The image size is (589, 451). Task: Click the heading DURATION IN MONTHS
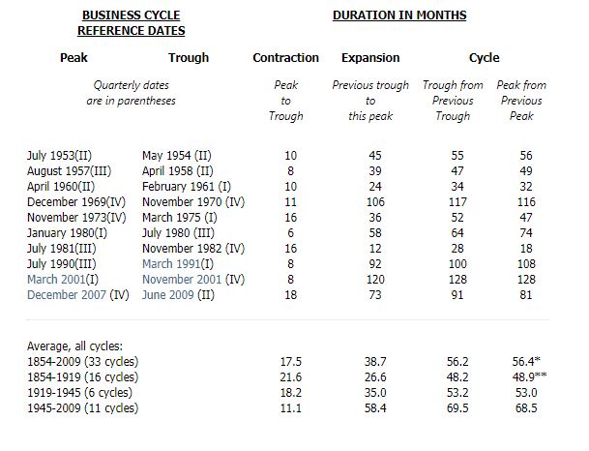tap(399, 15)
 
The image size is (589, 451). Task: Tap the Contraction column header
tap(285, 57)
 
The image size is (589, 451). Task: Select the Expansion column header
tap(370, 58)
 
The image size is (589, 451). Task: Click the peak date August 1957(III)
tap(69, 171)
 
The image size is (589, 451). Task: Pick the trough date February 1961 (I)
tap(187, 187)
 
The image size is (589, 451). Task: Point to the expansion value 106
tap(375, 202)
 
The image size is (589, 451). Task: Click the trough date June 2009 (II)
tap(178, 294)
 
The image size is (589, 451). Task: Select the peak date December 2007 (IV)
tap(77, 294)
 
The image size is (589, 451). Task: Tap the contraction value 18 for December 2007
tap(290, 294)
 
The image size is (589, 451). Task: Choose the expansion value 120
tap(375, 280)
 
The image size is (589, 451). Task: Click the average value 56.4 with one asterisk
tap(526, 361)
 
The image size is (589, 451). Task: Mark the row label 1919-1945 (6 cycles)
tap(79, 392)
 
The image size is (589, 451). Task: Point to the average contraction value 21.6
tap(290, 376)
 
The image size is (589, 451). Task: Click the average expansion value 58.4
tap(375, 407)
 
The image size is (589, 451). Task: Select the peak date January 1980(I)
tap(67, 233)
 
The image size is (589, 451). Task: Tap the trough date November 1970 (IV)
tap(193, 202)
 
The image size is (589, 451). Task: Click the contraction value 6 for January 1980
tap(290, 233)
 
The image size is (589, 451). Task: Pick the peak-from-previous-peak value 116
tap(526, 202)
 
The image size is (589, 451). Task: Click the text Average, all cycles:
tap(74, 346)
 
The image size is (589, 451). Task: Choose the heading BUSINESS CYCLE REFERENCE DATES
tap(132, 23)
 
